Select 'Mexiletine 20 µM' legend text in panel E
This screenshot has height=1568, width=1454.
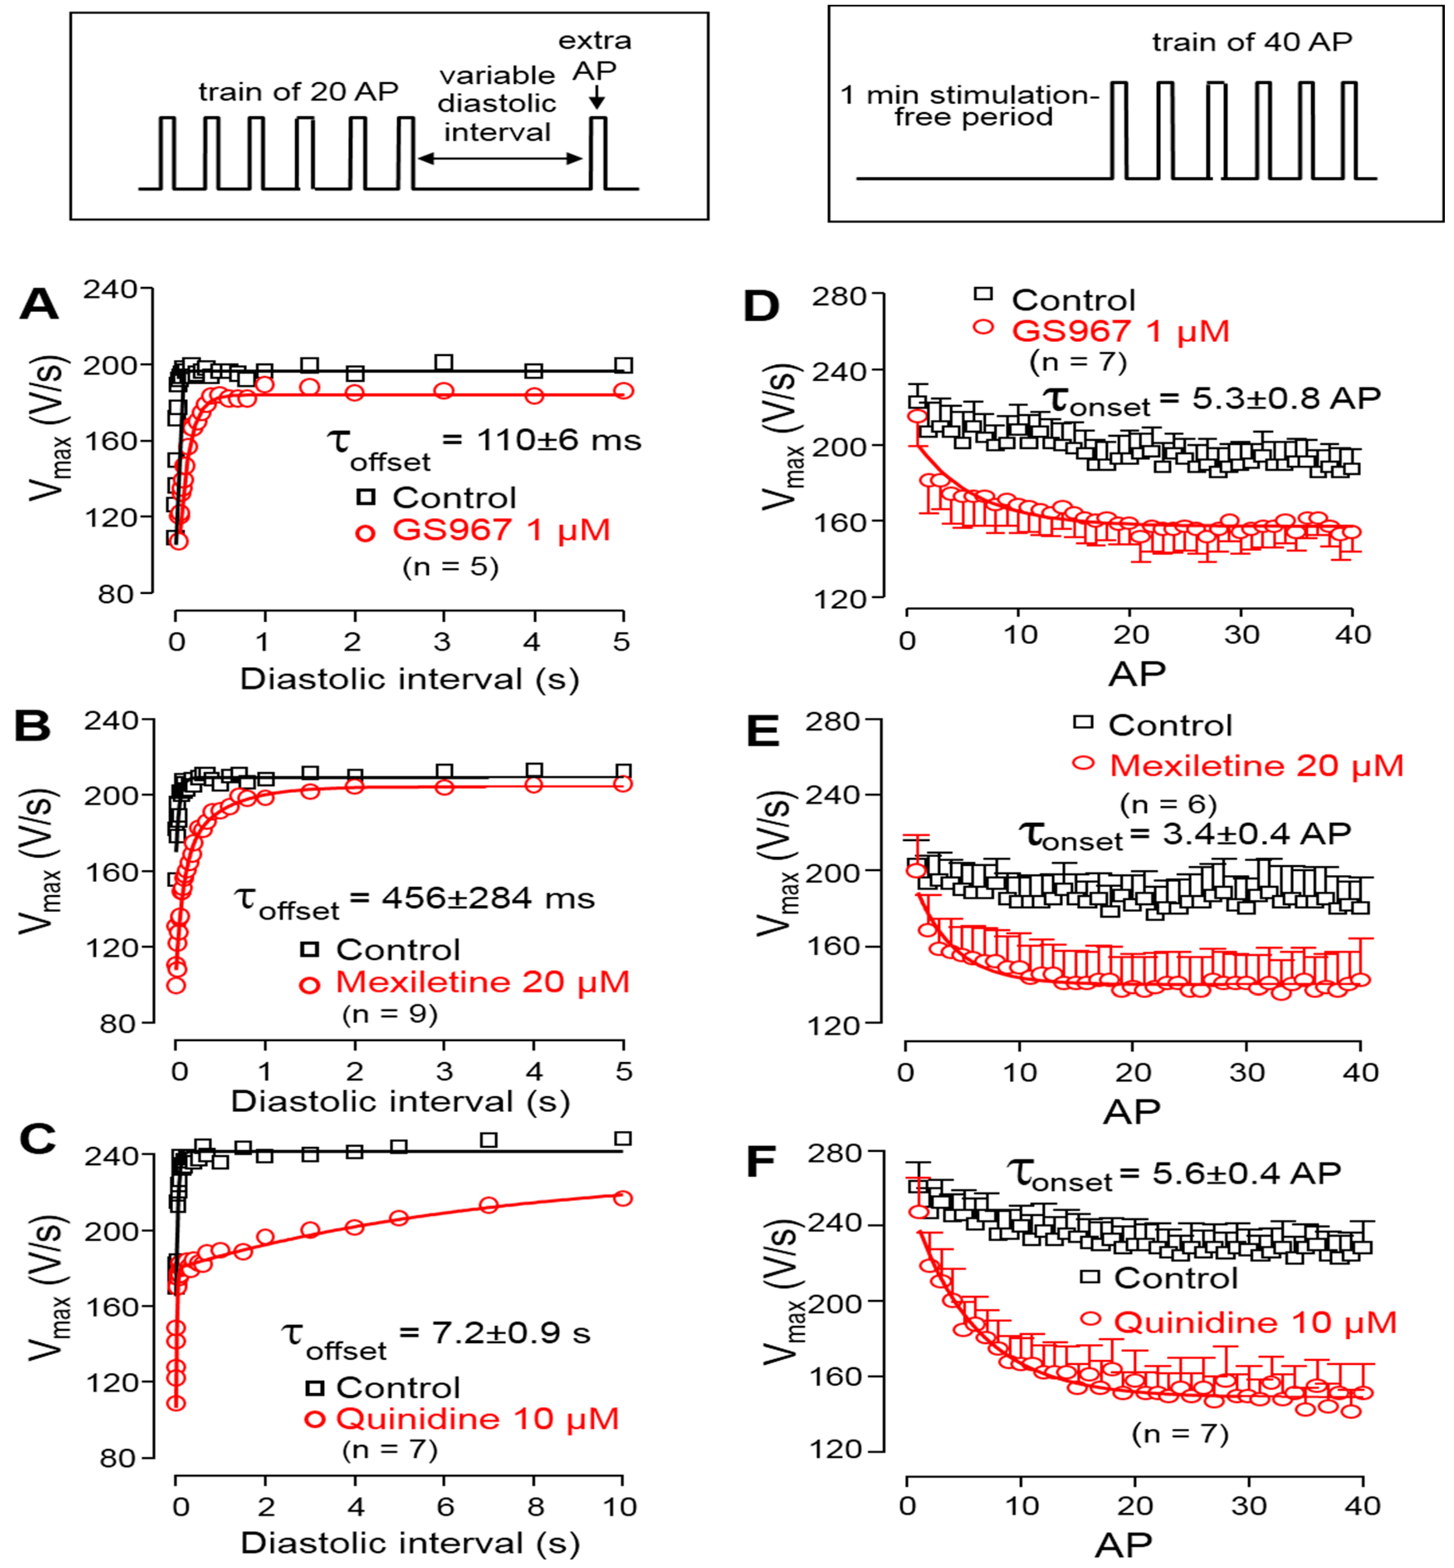pos(1256,765)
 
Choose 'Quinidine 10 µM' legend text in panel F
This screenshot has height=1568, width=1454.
pos(1255,1323)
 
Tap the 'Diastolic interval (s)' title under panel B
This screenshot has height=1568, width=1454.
pos(400,1101)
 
